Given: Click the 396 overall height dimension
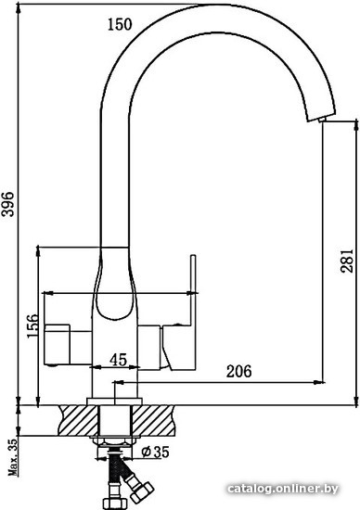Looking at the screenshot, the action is pyautogui.click(x=7, y=204).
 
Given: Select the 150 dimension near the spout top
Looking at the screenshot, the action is pyautogui.click(x=120, y=24).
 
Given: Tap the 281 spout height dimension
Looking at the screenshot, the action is pyautogui.click(x=346, y=261).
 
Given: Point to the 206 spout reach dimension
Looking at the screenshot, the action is pyautogui.click(x=239, y=371).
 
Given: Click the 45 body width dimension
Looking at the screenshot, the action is pyautogui.click(x=118, y=360).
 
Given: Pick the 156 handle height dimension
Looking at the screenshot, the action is pyautogui.click(x=32, y=325).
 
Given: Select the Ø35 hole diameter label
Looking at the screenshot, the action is pyautogui.click(x=155, y=452).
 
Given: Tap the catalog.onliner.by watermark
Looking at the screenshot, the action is pyautogui.click(x=283, y=489).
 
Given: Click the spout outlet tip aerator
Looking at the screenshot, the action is pyautogui.click(x=322, y=120).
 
